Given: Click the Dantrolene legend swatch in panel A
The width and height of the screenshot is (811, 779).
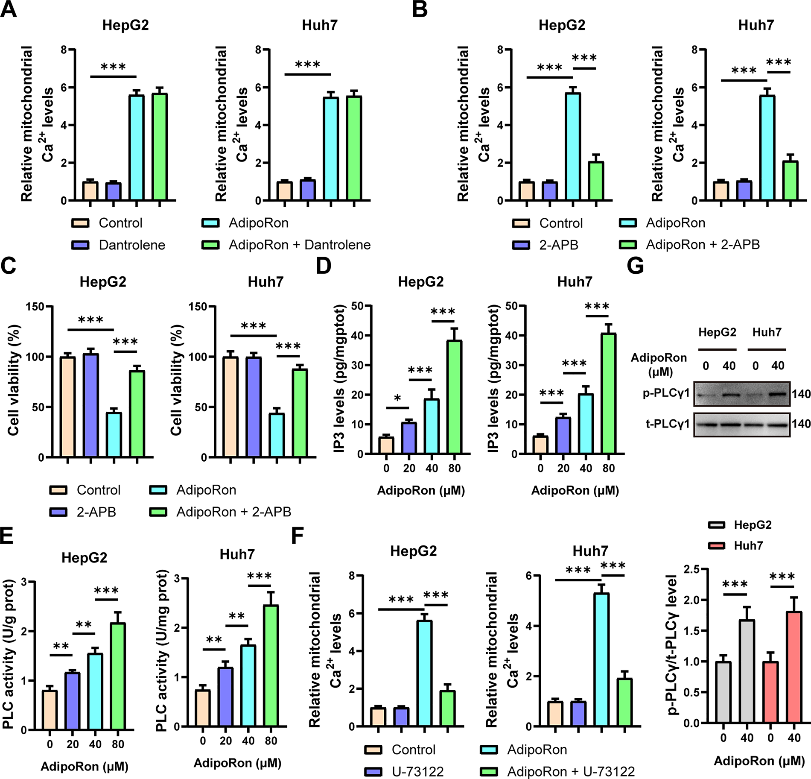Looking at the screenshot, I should [x=80, y=245].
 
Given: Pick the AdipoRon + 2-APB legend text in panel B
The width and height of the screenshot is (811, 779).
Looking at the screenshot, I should [x=703, y=245].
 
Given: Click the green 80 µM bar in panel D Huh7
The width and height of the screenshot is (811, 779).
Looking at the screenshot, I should [x=609, y=393].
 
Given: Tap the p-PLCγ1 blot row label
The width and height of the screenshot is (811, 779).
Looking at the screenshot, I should [x=666, y=393].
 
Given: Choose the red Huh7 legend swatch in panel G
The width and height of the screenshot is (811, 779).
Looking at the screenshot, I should [x=717, y=546].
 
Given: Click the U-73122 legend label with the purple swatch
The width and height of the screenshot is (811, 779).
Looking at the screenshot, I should [x=417, y=772].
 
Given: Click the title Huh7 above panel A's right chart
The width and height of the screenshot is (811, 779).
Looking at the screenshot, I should [x=320, y=25].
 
